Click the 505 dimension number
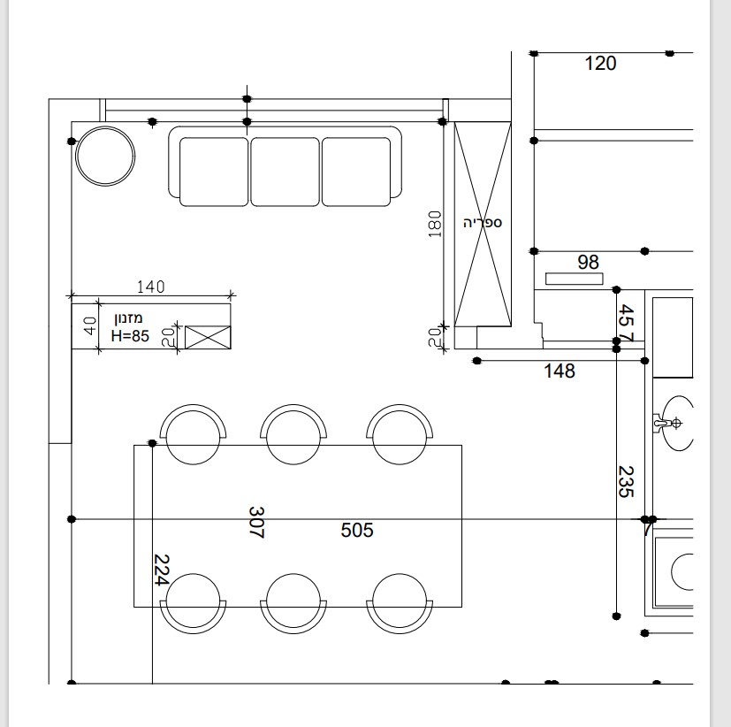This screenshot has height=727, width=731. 357,530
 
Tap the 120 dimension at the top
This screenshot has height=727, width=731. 600,64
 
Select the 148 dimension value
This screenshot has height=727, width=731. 560,371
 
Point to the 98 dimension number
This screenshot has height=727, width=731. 588,262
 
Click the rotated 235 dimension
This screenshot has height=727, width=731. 626,482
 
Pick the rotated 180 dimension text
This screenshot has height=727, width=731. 435,225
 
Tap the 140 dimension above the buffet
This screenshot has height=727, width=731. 150,287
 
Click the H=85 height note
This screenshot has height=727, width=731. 130,336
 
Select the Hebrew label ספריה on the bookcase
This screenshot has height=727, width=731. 483,223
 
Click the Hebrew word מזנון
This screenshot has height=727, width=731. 129,319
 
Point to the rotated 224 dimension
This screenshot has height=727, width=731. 161,570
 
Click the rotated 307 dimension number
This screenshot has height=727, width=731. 257,523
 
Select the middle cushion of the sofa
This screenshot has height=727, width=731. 286,172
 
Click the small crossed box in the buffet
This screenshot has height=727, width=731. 208,338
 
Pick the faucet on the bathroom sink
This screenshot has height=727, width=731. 667,424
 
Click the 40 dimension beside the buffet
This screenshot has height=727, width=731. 90,326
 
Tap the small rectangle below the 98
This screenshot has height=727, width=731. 575,279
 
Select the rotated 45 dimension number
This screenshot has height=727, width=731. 626,316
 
